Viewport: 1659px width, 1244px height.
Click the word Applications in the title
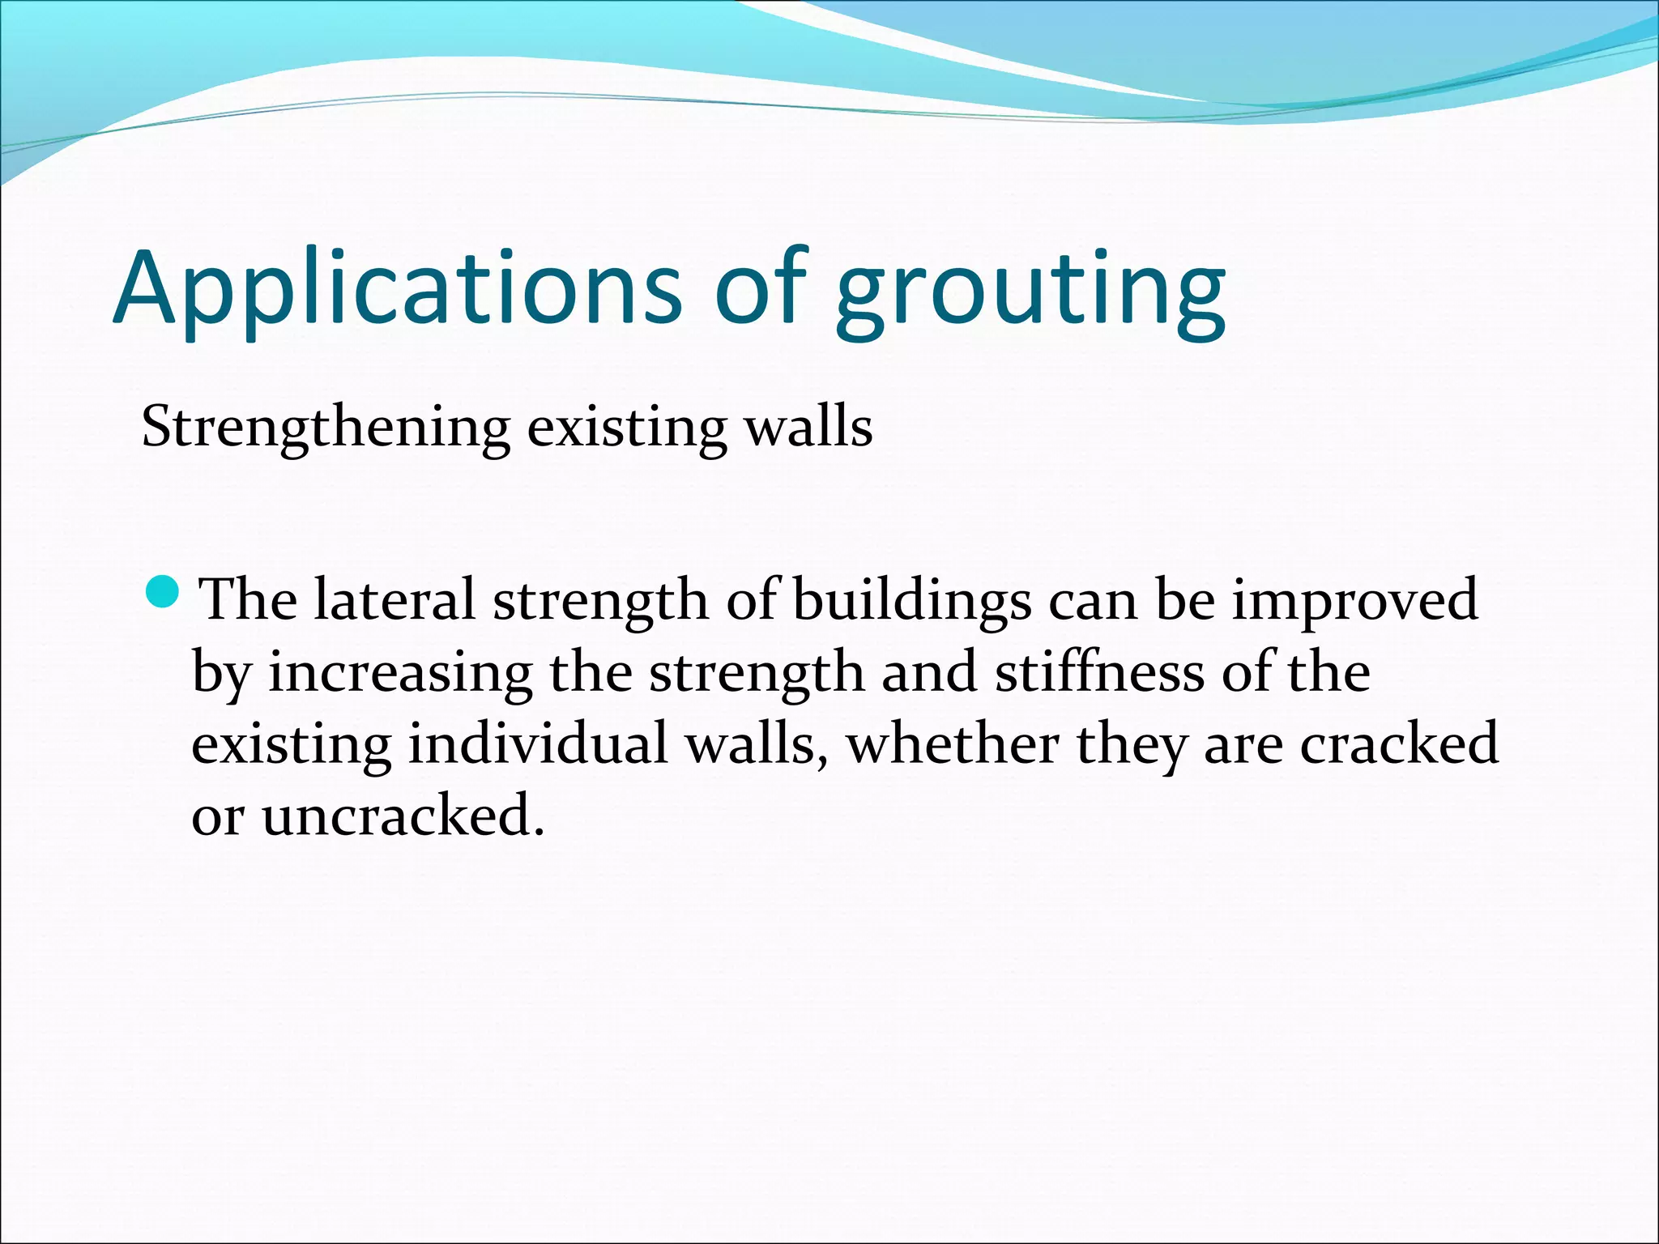397,289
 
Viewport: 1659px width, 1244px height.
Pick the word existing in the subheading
627,427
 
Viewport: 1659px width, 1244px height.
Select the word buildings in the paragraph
911,601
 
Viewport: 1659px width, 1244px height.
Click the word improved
1355,601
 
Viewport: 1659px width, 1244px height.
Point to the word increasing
400,673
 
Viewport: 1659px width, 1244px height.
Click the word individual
538,743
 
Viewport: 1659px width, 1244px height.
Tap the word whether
952,743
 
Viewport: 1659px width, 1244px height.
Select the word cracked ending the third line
1399,743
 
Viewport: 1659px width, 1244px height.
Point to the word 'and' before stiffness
928,671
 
